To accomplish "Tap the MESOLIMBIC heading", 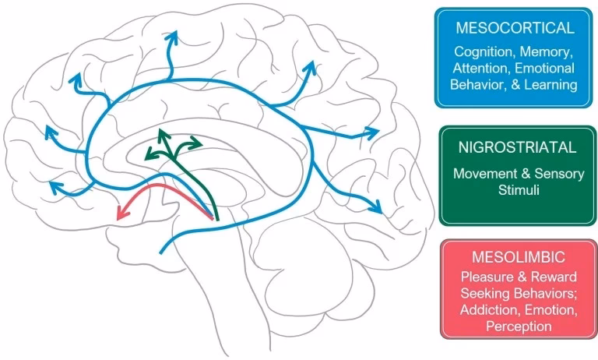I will (x=517, y=256).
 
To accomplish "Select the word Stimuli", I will (x=518, y=190).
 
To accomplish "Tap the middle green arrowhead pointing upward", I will (x=160, y=132).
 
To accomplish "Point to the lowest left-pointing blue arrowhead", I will (x=55, y=186).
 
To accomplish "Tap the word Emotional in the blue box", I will (x=549, y=69).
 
